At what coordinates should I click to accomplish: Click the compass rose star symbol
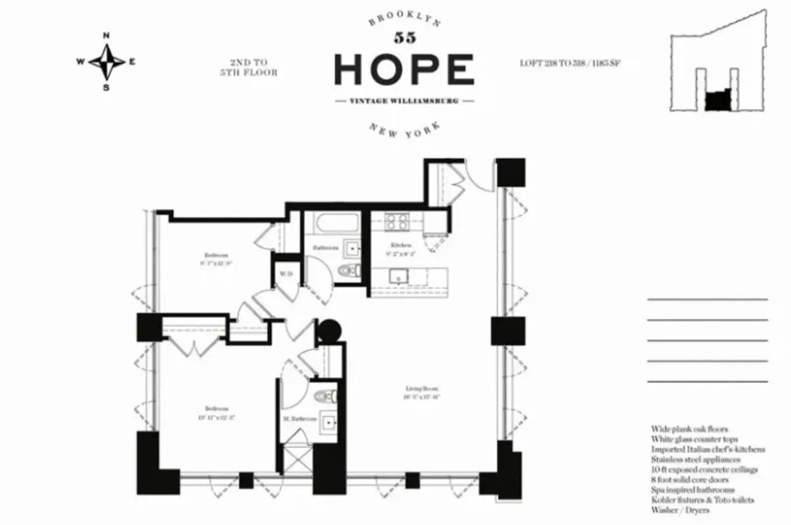click(x=106, y=62)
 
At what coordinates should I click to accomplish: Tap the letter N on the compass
click(x=106, y=37)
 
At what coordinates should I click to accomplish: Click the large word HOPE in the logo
click(x=404, y=70)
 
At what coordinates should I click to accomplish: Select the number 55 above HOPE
click(x=404, y=37)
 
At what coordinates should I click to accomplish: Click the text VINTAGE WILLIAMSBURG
click(x=404, y=102)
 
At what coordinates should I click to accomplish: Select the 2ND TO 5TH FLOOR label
click(x=248, y=68)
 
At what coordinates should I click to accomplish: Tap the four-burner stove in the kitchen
click(x=396, y=222)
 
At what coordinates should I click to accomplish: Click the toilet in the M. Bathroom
click(x=325, y=396)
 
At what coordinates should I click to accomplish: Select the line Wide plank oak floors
click(x=689, y=429)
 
